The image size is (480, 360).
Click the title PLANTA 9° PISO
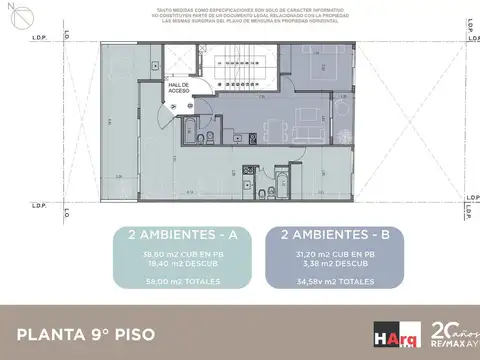85,332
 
